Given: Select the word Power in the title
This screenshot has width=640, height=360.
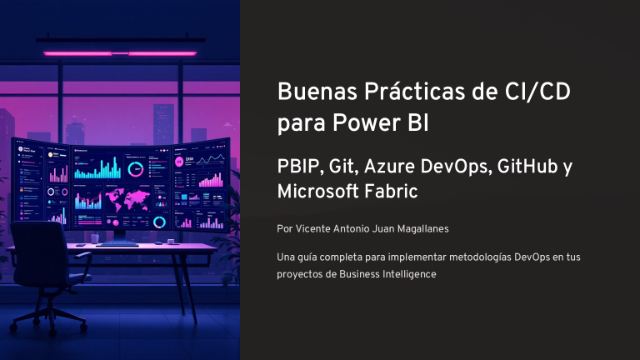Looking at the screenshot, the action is point(366,122).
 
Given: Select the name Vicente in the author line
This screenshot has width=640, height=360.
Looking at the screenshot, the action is point(312,229).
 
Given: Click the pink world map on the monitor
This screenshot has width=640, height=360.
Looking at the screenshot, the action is point(127,200).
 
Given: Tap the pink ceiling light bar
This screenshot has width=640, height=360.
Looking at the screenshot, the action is point(120,53).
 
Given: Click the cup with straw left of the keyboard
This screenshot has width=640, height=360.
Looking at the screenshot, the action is point(95,238).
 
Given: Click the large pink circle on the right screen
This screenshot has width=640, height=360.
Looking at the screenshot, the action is point(179,162).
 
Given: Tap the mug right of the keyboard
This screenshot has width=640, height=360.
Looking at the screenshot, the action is point(171,241).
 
